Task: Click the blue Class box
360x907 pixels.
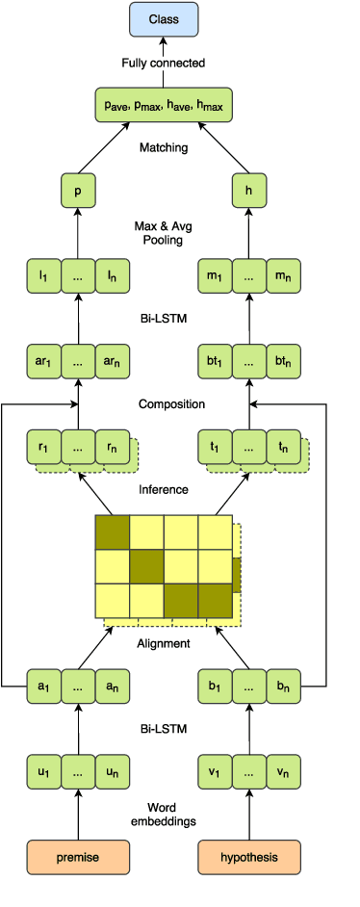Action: (x=163, y=19)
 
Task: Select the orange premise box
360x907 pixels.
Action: (x=78, y=856)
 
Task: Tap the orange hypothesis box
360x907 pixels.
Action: (x=249, y=856)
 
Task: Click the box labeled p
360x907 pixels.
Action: (x=78, y=191)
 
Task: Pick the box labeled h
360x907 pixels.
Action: (x=249, y=191)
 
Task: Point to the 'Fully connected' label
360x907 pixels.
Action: (x=163, y=64)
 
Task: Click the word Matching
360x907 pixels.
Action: (x=163, y=148)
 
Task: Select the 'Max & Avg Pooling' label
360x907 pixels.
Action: (x=163, y=233)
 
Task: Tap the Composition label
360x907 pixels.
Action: (x=163, y=403)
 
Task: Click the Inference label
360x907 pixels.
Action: (x=163, y=489)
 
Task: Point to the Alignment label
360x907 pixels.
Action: (x=163, y=643)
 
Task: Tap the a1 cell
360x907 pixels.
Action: (x=43, y=686)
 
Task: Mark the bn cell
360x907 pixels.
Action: (x=283, y=686)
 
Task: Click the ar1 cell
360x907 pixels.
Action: (x=43, y=361)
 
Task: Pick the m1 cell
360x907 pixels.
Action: (x=215, y=276)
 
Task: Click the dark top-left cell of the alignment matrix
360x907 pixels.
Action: (x=112, y=532)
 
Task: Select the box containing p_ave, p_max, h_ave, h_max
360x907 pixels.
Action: (x=163, y=105)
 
